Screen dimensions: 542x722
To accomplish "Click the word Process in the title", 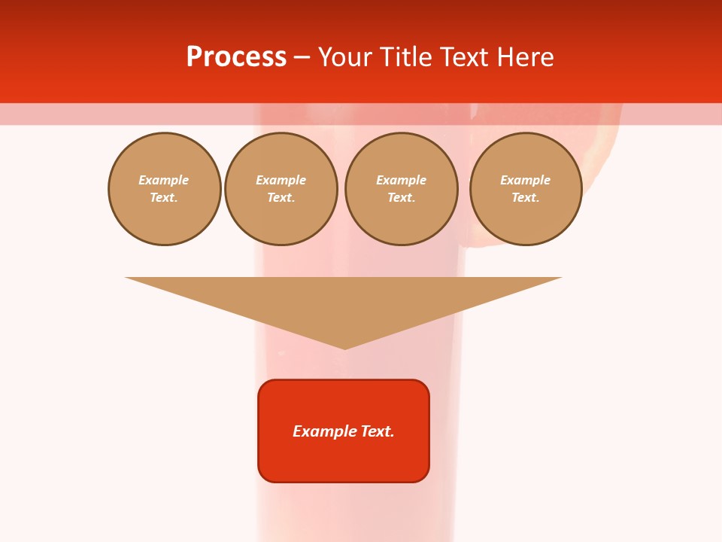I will click(236, 57).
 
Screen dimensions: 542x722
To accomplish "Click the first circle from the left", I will click(165, 189).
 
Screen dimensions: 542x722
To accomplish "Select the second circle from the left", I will click(281, 189).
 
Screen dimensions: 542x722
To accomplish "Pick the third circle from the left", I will click(402, 189).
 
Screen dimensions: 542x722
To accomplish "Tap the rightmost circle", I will click(526, 189).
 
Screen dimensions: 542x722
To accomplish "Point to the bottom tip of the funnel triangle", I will click(344, 348).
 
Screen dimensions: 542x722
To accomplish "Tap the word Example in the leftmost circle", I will click(164, 181).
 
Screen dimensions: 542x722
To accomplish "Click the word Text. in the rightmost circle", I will click(526, 198).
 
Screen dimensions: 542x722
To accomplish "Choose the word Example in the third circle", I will click(402, 181).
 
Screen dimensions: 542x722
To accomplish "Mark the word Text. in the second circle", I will click(281, 198).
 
